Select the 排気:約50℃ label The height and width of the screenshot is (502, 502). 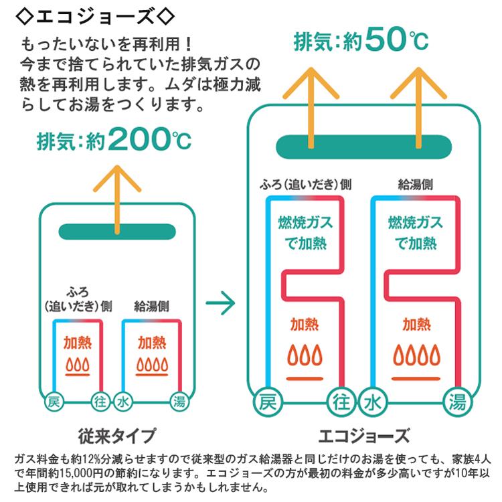point(361,41)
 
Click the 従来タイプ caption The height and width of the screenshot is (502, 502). point(117,436)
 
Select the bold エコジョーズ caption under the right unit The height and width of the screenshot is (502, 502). point(364,436)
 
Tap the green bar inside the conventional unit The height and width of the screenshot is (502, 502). point(118,231)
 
